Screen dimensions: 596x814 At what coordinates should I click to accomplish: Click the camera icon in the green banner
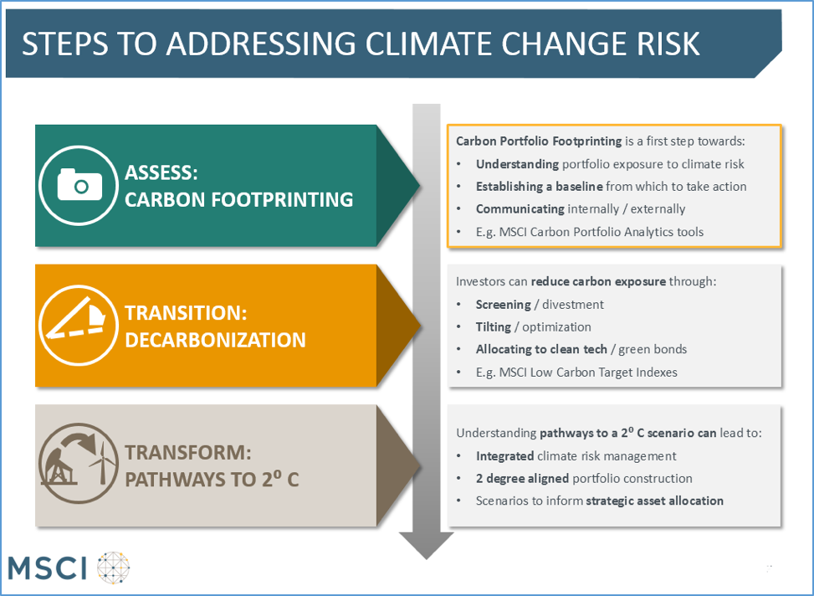(x=79, y=185)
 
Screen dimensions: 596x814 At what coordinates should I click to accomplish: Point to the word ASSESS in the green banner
(x=161, y=173)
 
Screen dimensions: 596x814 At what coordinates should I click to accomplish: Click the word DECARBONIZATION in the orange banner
(x=215, y=339)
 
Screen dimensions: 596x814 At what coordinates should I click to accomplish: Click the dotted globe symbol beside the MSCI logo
(x=115, y=567)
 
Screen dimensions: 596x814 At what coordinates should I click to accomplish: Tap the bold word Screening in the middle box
(x=504, y=305)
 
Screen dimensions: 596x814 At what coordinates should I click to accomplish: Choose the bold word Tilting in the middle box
(x=494, y=327)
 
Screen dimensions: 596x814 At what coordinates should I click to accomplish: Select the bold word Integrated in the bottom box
(x=505, y=456)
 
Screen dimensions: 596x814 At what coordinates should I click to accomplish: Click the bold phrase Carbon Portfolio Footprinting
(x=539, y=141)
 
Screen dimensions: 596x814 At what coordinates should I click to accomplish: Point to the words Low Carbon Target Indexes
(x=614, y=372)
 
